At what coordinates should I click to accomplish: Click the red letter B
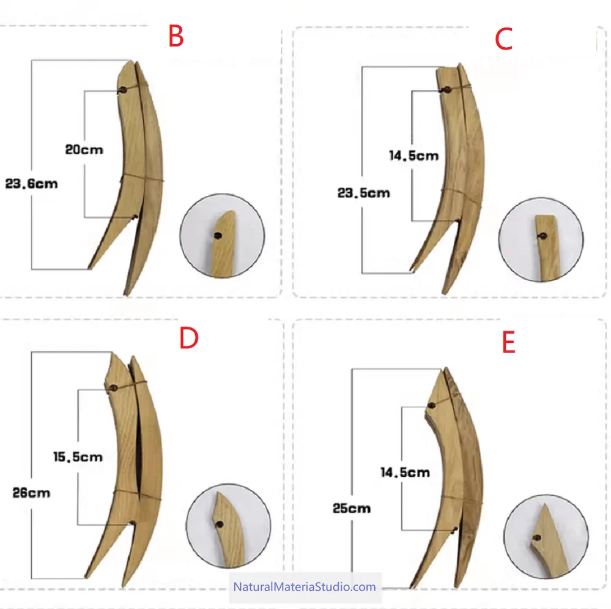(x=176, y=36)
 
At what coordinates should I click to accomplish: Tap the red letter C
(x=503, y=39)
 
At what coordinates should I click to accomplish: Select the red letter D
(x=189, y=338)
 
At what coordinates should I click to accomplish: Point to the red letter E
(x=509, y=342)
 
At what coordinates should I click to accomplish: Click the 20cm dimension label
(x=84, y=150)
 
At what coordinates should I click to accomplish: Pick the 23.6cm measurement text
(x=32, y=184)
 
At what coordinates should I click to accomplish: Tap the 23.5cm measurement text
(x=363, y=193)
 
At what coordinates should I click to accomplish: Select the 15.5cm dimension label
(x=78, y=457)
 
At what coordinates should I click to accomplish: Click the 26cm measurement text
(x=31, y=493)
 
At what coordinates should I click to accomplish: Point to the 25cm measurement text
(x=352, y=509)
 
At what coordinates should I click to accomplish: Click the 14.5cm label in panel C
(x=414, y=156)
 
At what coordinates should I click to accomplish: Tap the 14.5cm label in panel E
(x=405, y=473)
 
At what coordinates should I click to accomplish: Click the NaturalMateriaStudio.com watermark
(x=305, y=587)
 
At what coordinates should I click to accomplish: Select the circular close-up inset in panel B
(x=222, y=236)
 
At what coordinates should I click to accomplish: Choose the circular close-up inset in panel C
(x=541, y=240)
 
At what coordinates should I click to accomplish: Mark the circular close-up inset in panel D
(x=228, y=526)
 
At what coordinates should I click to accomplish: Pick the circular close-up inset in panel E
(x=546, y=537)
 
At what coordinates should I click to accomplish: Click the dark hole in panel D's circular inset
(x=220, y=525)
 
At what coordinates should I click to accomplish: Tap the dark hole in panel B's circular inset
(x=218, y=236)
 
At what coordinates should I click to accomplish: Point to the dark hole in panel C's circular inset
(x=542, y=236)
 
